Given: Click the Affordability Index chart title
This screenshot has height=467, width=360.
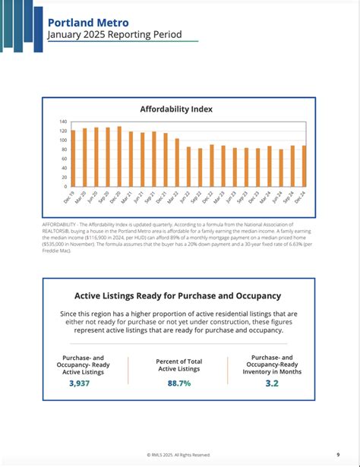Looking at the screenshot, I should point(176,109).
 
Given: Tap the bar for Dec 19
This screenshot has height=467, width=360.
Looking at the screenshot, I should point(73,158).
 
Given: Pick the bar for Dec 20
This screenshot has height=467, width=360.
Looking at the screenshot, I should point(119,156).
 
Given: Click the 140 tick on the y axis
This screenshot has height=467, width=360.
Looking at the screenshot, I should point(64,121).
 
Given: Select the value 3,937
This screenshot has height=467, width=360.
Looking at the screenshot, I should point(79,383).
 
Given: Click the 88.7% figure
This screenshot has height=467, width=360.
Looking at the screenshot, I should point(178,383).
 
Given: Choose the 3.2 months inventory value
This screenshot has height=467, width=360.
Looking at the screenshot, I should point(273,383).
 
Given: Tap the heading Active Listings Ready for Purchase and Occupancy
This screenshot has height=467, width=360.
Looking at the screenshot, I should point(178,295).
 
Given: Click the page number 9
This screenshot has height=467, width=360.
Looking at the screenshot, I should point(337,454).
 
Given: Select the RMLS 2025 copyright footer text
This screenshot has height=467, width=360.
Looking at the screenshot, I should point(178,454).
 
